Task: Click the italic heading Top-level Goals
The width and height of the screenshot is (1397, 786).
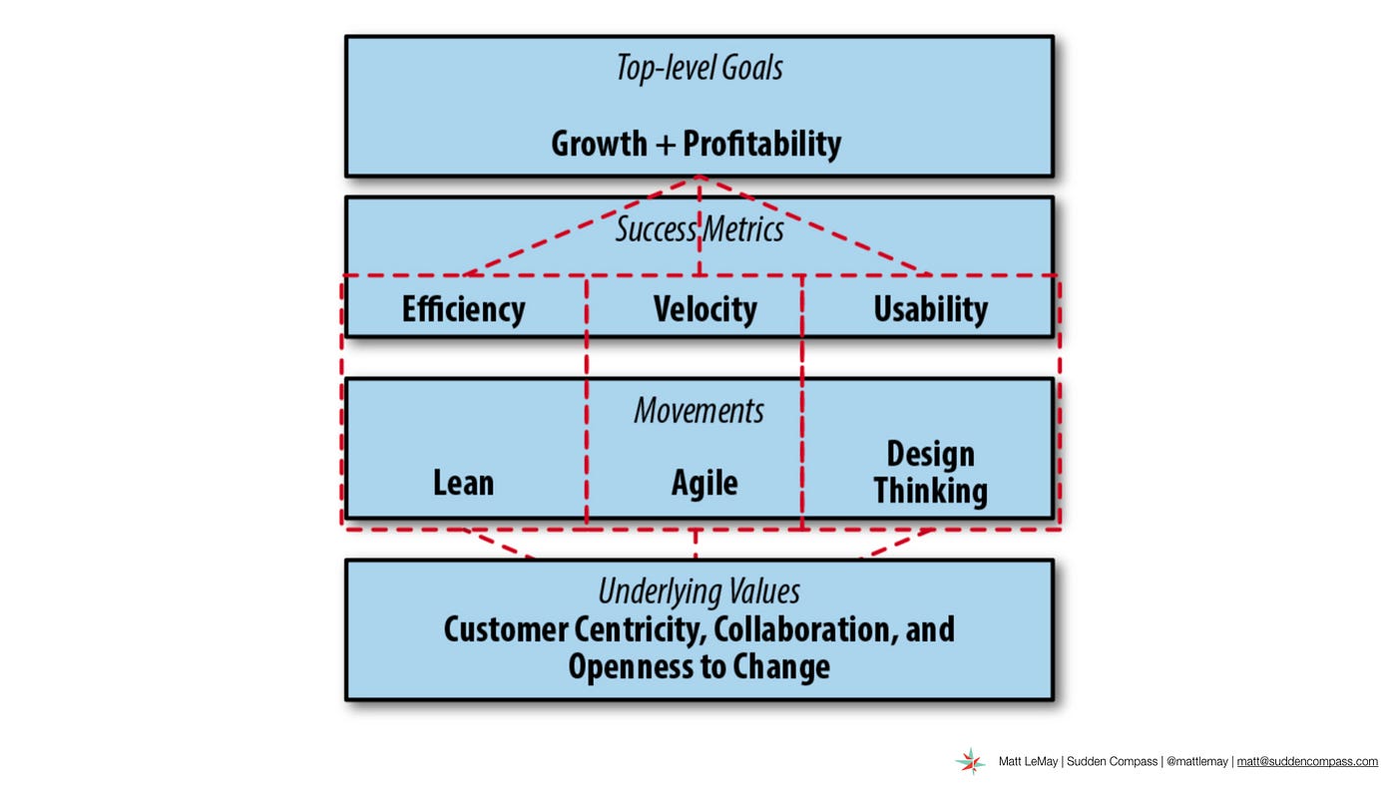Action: pyautogui.click(x=699, y=67)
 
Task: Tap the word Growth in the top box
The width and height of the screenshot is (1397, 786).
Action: pyautogui.click(x=599, y=144)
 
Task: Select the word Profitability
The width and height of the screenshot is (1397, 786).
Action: pyautogui.click(x=762, y=144)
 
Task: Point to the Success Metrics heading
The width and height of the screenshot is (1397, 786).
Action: pyautogui.click(x=699, y=228)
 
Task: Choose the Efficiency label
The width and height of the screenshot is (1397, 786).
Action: pyautogui.click(x=463, y=309)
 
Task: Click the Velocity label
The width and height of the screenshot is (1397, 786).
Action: pyautogui.click(x=704, y=309)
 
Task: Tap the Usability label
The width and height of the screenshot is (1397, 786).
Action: pyautogui.click(x=930, y=309)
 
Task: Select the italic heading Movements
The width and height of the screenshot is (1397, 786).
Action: pyautogui.click(x=698, y=411)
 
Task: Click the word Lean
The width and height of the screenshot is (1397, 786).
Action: pyautogui.click(x=463, y=483)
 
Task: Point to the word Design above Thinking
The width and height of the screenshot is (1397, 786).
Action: pyautogui.click(x=930, y=454)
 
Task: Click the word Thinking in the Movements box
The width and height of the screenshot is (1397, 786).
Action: pyautogui.click(x=930, y=491)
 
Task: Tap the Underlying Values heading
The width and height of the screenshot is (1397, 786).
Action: pyautogui.click(x=699, y=591)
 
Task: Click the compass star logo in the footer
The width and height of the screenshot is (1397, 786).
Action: pyautogui.click(x=970, y=762)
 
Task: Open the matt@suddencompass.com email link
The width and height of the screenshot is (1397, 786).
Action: pyautogui.click(x=1307, y=762)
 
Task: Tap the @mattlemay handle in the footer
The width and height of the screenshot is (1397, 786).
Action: pyautogui.click(x=1196, y=762)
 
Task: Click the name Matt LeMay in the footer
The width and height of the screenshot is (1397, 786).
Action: pyautogui.click(x=1028, y=762)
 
